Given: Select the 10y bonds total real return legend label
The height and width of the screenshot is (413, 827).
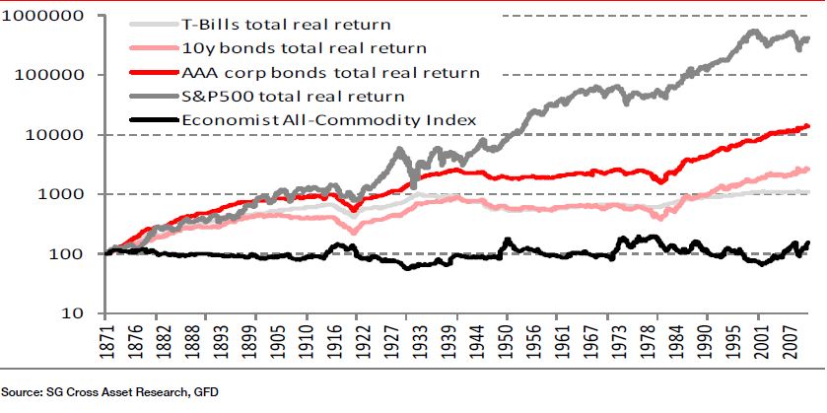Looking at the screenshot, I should [x=305, y=47].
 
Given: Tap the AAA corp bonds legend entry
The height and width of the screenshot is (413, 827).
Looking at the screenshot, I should [x=331, y=72].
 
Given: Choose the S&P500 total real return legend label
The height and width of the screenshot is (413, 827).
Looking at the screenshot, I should [x=294, y=96].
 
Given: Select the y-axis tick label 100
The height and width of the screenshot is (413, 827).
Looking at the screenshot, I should [x=67, y=254].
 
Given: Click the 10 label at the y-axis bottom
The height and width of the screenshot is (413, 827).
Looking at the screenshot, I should [x=73, y=314].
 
